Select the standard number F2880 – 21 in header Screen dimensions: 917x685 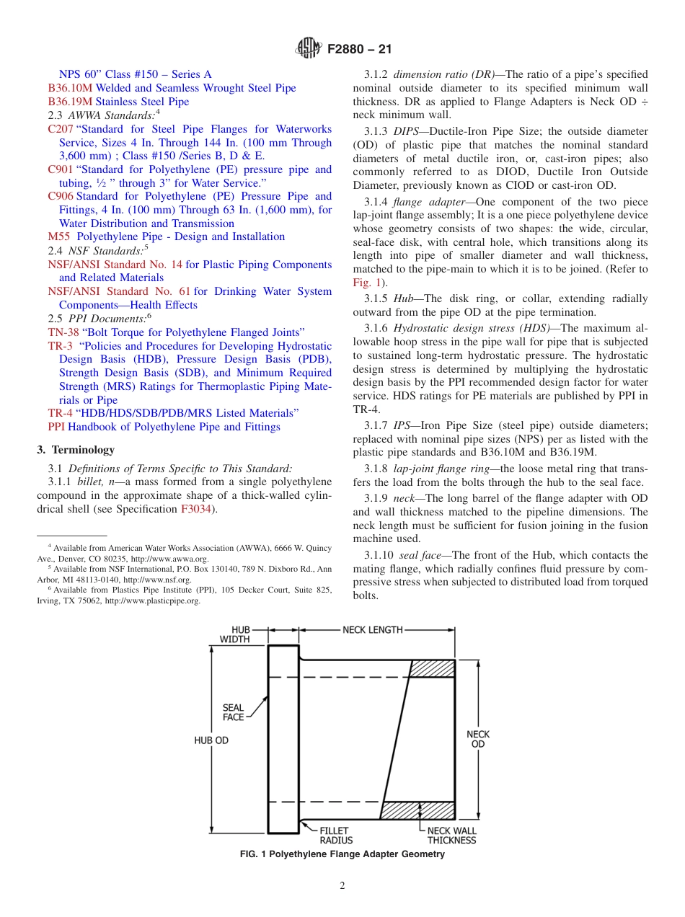pyautogui.click(x=359, y=50)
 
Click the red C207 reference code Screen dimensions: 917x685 pyautogui.click(x=61, y=129)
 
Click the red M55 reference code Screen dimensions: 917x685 pyautogui.click(x=59, y=236)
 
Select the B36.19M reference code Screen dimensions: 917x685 pyautogui.click(x=70, y=102)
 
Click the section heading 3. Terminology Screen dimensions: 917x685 pyautogui.click(x=76, y=450)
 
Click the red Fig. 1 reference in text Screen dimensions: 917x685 pyautogui.click(x=366, y=283)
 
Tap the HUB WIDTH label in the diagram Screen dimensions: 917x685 pyautogui.click(x=235, y=634)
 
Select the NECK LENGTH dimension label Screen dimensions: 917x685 pyautogui.click(x=372, y=630)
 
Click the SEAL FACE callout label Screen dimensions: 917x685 pyautogui.click(x=233, y=712)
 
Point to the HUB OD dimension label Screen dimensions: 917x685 pyautogui.click(x=211, y=740)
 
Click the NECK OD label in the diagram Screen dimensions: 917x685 pyautogui.click(x=478, y=739)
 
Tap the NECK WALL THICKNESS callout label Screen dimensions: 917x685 pyautogui.click(x=451, y=836)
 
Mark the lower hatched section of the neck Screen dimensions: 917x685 pyautogui.click(x=417, y=810)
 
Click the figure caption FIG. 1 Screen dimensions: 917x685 pyautogui.click(x=342, y=854)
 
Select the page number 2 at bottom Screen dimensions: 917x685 pyautogui.click(x=342, y=886)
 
